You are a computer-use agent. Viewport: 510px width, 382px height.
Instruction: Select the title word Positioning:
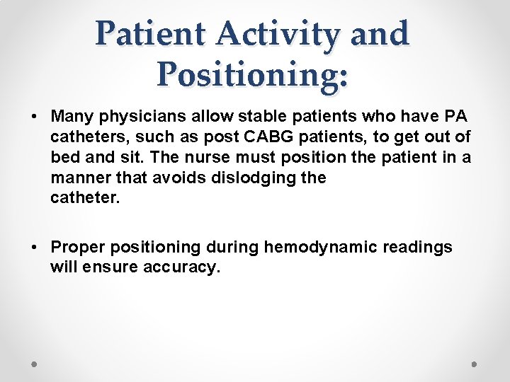[254, 74]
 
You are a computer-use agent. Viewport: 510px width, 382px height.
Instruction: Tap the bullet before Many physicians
[35, 115]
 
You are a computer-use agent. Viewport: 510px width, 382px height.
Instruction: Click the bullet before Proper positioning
[35, 247]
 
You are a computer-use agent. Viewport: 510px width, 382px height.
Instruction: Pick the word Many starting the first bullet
[72, 115]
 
